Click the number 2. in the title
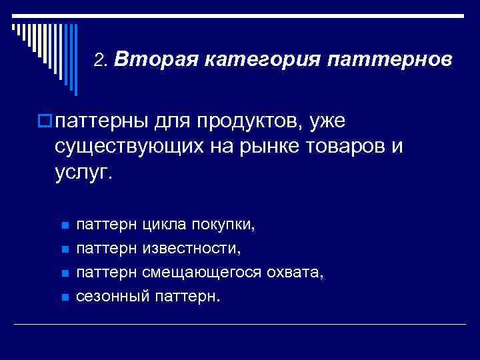(x=101, y=61)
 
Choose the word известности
(x=192, y=249)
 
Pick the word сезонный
(x=113, y=297)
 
